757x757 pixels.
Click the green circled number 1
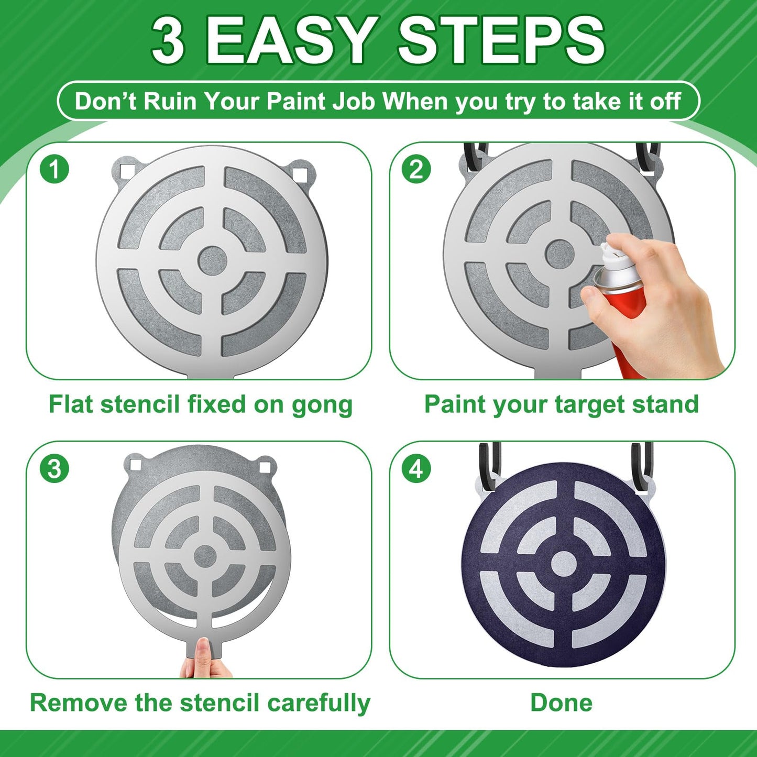point(54,169)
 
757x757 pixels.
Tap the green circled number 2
point(416,169)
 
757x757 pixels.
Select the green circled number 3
point(54,468)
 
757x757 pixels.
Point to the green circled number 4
point(416,468)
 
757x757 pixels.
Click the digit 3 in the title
point(168,41)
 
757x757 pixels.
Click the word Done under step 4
point(561,703)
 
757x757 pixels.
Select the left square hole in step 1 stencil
point(126,171)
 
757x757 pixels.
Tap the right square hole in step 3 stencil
point(265,467)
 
